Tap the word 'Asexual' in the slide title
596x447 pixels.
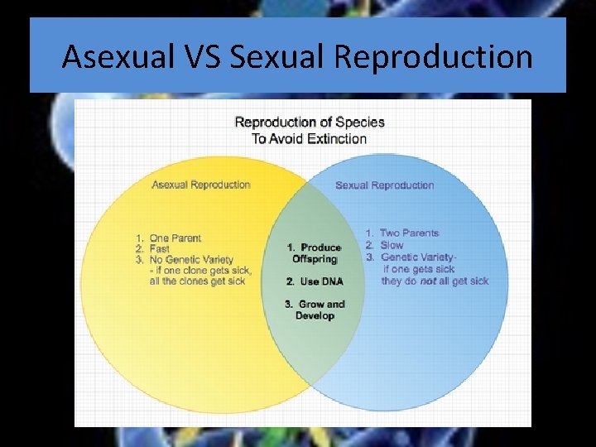[115, 57]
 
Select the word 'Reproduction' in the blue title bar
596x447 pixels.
[427, 57]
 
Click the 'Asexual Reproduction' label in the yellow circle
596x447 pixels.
[201, 185]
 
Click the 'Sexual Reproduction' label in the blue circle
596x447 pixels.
[384, 185]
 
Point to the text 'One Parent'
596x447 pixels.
[175, 238]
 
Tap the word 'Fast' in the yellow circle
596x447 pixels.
[160, 248]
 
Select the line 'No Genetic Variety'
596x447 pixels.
[191, 259]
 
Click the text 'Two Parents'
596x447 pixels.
[409, 233]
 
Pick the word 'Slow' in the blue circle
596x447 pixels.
[392, 245]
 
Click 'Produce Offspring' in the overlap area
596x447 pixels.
[315, 253]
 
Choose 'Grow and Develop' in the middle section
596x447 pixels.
[315, 310]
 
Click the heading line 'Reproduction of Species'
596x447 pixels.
[310, 123]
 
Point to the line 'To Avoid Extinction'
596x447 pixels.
[310, 138]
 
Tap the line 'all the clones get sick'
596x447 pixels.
[197, 281]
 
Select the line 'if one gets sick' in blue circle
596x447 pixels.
[419, 269]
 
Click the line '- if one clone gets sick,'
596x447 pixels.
[200, 271]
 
